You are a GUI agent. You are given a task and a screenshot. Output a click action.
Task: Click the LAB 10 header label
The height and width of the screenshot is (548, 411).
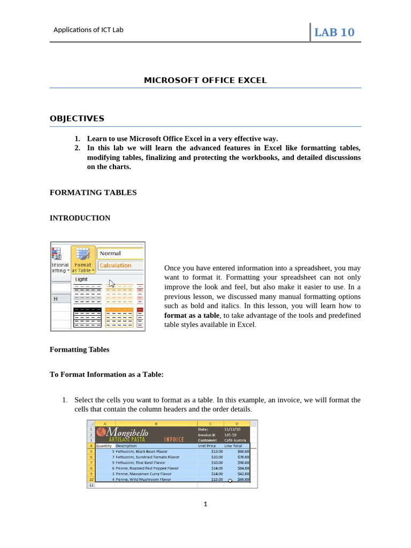point(334,32)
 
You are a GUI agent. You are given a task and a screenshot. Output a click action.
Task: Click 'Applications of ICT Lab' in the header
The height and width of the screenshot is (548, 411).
point(88,30)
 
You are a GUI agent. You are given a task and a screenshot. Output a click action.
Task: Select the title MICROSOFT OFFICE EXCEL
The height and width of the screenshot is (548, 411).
point(205,80)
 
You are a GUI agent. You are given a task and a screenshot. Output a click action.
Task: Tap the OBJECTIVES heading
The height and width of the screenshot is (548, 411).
point(77,118)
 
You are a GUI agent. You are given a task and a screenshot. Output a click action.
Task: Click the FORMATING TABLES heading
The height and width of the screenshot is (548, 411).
point(93,192)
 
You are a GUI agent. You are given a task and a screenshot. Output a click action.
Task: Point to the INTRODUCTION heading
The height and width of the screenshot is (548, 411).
point(80,218)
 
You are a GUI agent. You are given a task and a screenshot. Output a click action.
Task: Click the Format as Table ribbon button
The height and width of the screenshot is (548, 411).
point(83,260)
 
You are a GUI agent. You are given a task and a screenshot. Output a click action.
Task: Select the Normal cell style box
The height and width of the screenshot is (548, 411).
point(120,253)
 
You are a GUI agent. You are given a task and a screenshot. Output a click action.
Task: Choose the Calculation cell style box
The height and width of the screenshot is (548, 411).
point(120,265)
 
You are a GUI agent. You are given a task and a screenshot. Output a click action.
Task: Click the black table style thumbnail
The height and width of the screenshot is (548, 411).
point(87,317)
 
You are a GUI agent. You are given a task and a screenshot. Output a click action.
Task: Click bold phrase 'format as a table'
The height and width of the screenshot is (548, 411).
point(192,315)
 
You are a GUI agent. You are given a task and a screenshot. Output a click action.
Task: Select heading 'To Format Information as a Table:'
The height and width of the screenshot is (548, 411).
point(106,375)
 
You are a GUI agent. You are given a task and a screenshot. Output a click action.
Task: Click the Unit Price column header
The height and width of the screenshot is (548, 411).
point(207,445)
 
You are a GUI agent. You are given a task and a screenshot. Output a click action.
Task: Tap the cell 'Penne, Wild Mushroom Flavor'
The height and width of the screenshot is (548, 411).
point(143,479)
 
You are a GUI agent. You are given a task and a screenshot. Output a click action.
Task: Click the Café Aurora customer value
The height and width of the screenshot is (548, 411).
point(235,440)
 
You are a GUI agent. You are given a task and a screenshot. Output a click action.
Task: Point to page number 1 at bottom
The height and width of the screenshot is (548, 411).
point(205,504)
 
